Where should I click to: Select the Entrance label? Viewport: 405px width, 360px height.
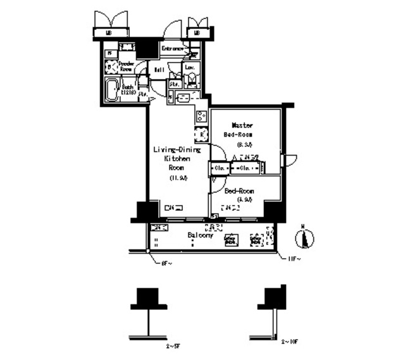point(172,49)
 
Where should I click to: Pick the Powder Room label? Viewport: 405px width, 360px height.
point(125,66)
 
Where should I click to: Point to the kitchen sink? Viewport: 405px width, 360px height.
point(182,98)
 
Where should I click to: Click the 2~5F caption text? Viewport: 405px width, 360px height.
point(172,347)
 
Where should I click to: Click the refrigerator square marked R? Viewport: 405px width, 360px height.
point(202,135)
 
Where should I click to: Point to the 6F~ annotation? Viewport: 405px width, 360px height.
point(165,262)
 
